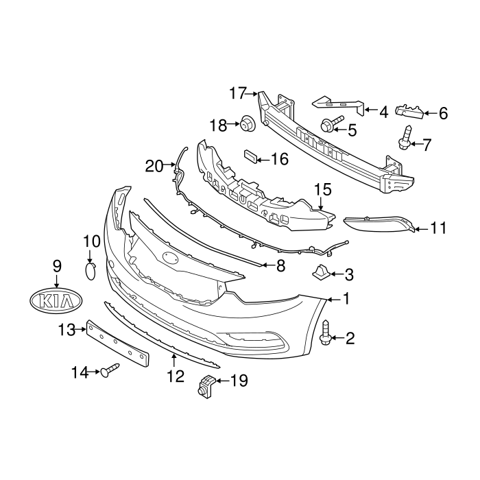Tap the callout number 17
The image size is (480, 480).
[237, 93]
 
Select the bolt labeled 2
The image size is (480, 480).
[326, 333]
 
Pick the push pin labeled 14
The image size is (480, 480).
[110, 372]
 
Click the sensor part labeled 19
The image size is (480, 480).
[205, 387]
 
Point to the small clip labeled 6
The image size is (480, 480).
[410, 110]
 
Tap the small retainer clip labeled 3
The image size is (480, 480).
[320, 272]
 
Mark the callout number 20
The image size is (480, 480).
[154, 165]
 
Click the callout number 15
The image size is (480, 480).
[322, 189]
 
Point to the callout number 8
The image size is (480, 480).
[280, 266]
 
